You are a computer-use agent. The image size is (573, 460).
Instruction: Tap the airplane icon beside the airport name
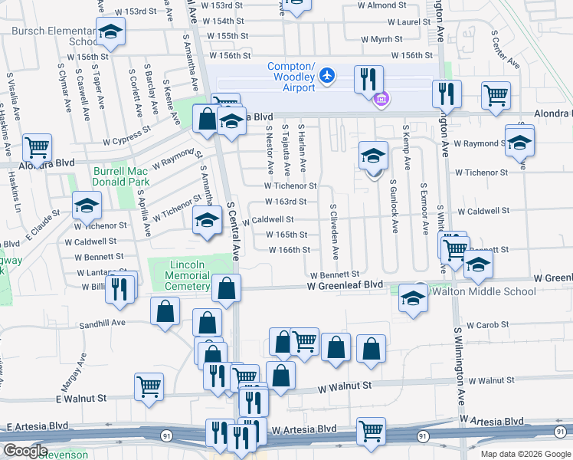327,74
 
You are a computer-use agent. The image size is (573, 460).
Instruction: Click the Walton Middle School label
484,292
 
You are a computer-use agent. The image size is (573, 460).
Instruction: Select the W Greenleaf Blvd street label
345,285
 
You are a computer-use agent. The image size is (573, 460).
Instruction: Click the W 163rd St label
286,202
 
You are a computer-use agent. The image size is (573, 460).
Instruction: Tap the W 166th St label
289,250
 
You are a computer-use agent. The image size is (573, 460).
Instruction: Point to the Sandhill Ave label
102,324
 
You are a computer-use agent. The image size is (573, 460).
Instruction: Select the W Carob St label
486,325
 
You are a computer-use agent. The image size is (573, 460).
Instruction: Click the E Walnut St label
80,399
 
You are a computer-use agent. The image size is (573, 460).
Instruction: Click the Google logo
25,451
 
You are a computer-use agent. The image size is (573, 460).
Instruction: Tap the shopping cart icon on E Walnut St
149,386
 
